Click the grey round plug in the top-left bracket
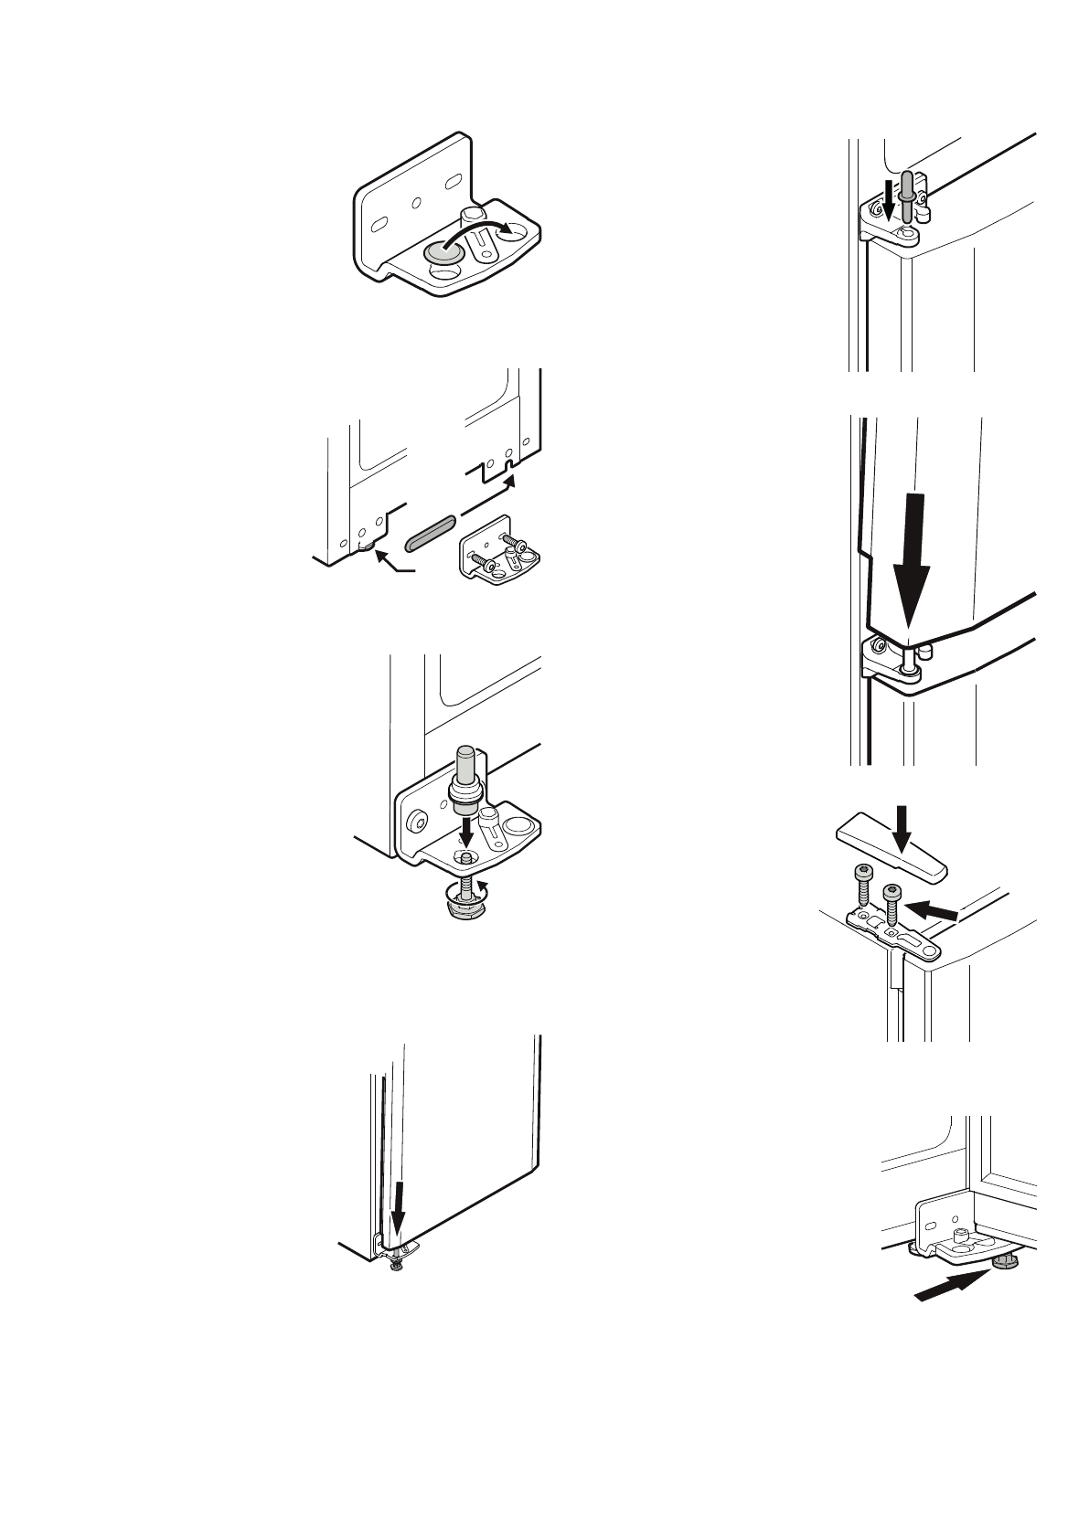tap(441, 251)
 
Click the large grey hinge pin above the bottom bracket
tap(464, 777)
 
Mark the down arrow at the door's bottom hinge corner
tap(397, 1206)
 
